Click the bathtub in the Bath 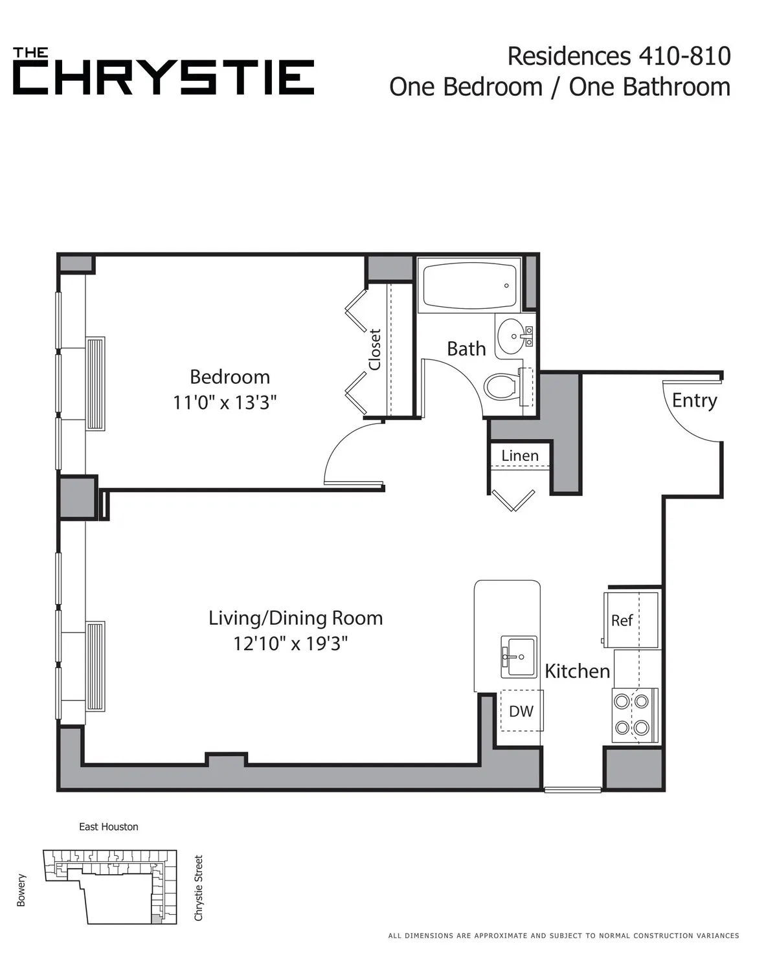pos(469,286)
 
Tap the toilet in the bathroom pos(501,387)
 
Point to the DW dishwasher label pos(521,711)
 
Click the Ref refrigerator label pos(622,620)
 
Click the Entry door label pos(694,400)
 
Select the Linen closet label pos(520,456)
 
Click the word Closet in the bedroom pos(375,350)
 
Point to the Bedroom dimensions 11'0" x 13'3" pos(225,403)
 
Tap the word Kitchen pos(577,671)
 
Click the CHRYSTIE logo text pos(164,77)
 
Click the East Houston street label pos(109,827)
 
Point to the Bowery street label pos(21,890)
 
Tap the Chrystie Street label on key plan pos(199,888)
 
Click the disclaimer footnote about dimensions pos(563,935)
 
